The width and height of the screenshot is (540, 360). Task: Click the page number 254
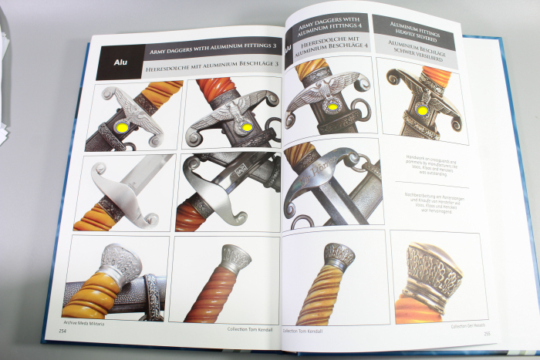point(62,331)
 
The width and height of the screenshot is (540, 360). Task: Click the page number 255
point(487,332)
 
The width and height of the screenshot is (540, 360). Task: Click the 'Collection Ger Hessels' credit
point(465,325)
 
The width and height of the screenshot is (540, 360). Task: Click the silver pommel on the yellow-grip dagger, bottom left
point(121,264)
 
